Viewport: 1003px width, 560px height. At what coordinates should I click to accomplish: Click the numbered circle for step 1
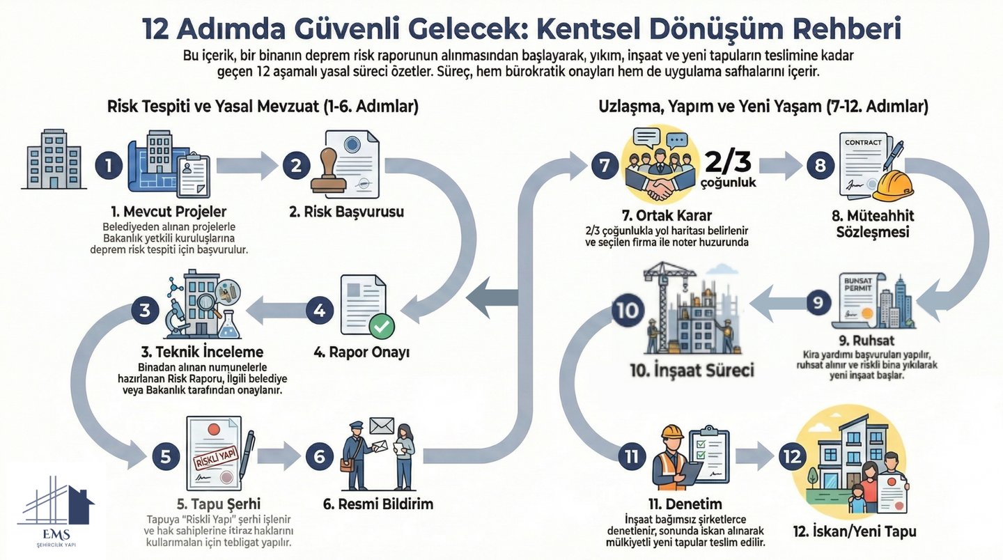tap(109, 166)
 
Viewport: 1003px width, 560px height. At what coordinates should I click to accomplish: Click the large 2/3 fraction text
tap(728, 161)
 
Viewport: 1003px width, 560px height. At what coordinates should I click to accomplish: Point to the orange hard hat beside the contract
tap(893, 185)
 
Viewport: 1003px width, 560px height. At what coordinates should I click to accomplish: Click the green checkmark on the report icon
tap(381, 325)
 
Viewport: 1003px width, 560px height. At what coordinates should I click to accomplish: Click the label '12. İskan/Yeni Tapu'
tap(854, 532)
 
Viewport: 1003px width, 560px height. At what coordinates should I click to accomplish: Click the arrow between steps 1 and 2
tap(247, 166)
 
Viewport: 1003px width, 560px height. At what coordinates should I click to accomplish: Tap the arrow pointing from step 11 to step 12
tap(754, 457)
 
